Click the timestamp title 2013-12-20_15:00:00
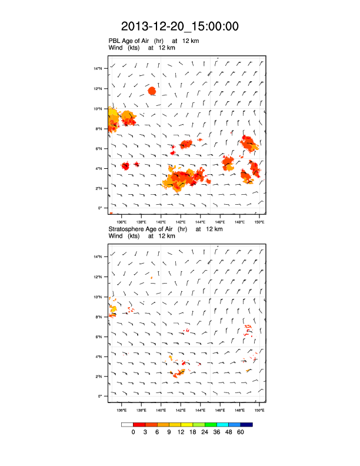pos(180,26)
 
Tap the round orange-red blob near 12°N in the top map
pos(152,91)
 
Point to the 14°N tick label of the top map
pos(99,69)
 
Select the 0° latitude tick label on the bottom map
pos(101,396)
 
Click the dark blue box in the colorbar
pos(246,424)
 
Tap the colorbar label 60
pos(241,432)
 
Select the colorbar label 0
pos(134,432)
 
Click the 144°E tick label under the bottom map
pos(200,410)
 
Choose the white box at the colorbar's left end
pos(127,424)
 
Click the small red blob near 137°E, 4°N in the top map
pos(125,166)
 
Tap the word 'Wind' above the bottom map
pos(116,236)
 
